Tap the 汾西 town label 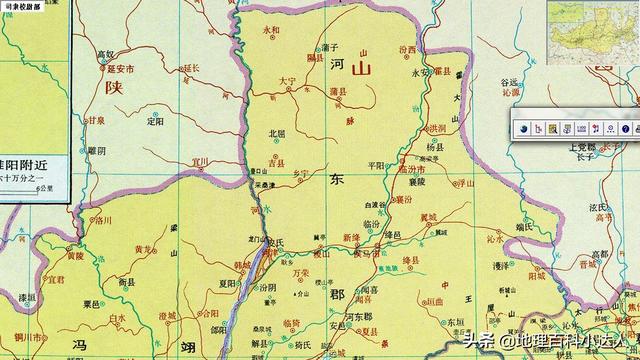tap(407, 49)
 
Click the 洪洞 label tap(437, 128)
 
